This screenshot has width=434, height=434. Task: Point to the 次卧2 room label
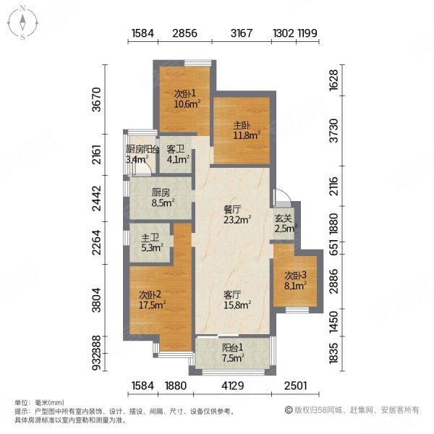pyautogui.click(x=150, y=294)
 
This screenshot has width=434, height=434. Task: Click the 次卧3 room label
pyautogui.click(x=294, y=275)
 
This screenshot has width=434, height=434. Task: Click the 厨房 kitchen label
pyautogui.click(x=161, y=193)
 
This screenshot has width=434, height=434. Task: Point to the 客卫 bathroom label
pyautogui.click(x=176, y=149)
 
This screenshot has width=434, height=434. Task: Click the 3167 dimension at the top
pyautogui.click(x=242, y=33)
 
